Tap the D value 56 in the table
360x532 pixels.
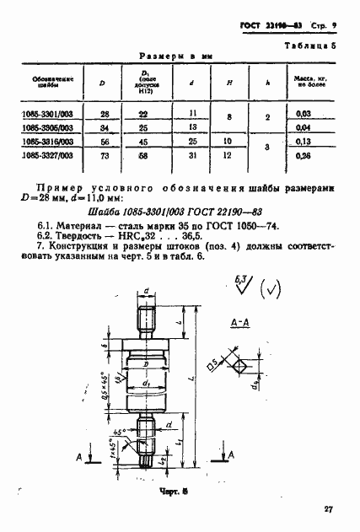[x=104, y=142]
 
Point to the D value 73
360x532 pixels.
[x=104, y=155]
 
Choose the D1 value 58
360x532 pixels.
[x=146, y=155]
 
